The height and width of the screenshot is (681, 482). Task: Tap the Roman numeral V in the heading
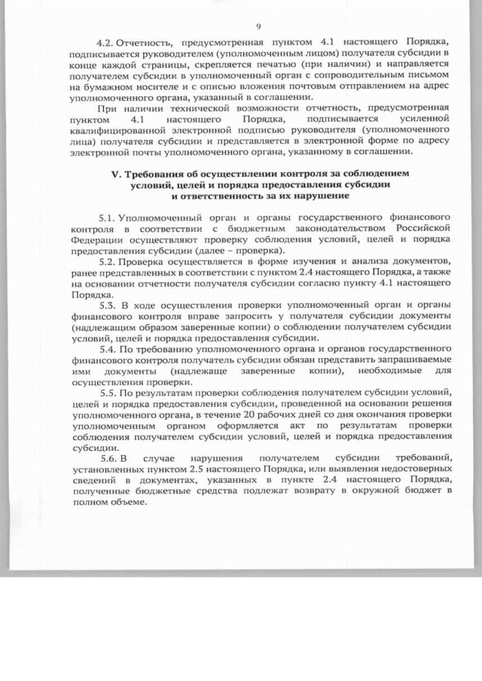click(x=114, y=174)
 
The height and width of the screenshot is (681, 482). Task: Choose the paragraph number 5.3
click(x=108, y=306)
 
